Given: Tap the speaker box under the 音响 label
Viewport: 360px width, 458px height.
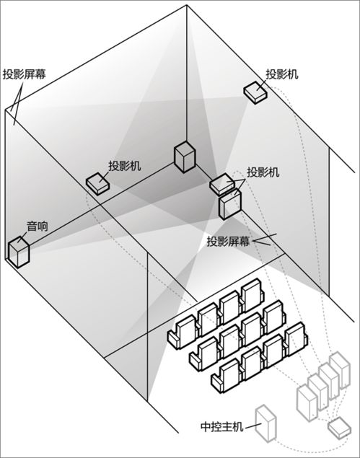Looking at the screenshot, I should point(19,250).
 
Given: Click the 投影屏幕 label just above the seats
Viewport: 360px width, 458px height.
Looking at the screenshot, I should point(227,241).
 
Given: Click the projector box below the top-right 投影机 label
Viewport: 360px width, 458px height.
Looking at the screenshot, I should point(254,92).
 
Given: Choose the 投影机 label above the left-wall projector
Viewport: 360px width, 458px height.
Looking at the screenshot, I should point(124,165).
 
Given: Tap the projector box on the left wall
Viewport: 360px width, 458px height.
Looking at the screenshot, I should point(98,183).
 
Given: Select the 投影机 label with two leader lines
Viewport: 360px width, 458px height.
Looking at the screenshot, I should point(263,172).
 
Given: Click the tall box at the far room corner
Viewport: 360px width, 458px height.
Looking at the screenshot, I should point(185,157).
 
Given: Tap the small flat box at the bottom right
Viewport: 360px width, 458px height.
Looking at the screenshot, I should point(338,428).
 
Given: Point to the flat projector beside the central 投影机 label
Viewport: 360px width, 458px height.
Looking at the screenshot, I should point(223,185).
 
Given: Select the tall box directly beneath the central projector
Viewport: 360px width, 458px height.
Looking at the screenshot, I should point(230,204).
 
